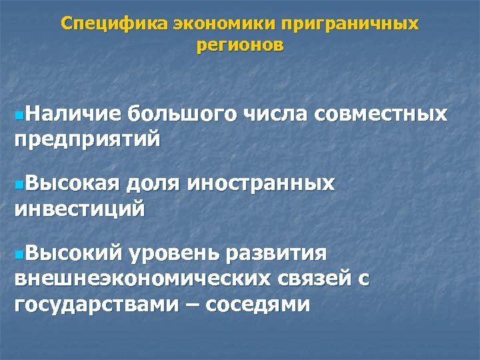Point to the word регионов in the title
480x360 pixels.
tap(240, 46)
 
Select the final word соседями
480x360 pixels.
tap(258, 304)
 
